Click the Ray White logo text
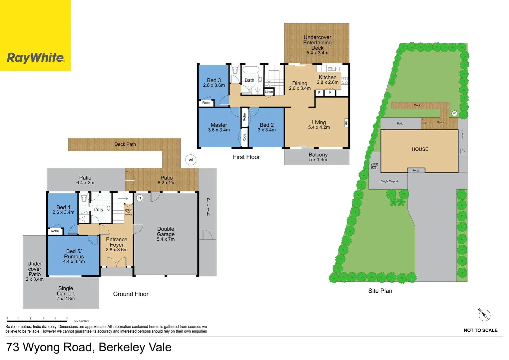tap(35, 58)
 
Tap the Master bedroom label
tap(219, 127)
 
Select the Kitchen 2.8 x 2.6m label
tap(327, 80)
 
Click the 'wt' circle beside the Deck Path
tap(191, 160)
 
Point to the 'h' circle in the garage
tap(140, 198)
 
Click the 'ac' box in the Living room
tap(346, 123)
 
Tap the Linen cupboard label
tap(269, 92)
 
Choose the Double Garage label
tap(166, 234)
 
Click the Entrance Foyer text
tap(117, 242)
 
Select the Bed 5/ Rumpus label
tap(74, 256)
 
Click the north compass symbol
tap(484, 315)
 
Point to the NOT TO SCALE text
tap(480, 330)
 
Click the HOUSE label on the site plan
tap(420, 149)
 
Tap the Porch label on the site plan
tap(416, 171)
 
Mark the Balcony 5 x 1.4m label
tap(318, 157)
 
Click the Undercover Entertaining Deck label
tap(317, 45)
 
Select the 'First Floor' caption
tap(246, 157)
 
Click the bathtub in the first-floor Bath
tap(251, 70)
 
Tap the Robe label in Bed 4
tap(55, 231)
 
